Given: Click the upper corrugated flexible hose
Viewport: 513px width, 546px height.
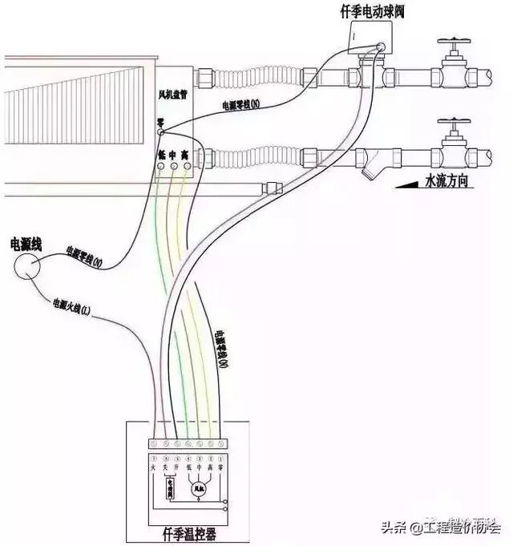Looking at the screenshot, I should point(256,79).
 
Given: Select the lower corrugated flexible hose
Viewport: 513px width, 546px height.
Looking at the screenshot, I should point(256,153).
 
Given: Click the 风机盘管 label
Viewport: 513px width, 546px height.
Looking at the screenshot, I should point(173,95).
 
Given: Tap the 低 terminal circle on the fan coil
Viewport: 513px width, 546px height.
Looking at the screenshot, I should point(161,166).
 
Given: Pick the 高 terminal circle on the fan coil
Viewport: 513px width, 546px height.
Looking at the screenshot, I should point(188,166).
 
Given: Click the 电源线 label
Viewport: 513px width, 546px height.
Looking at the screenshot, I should point(26,242).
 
